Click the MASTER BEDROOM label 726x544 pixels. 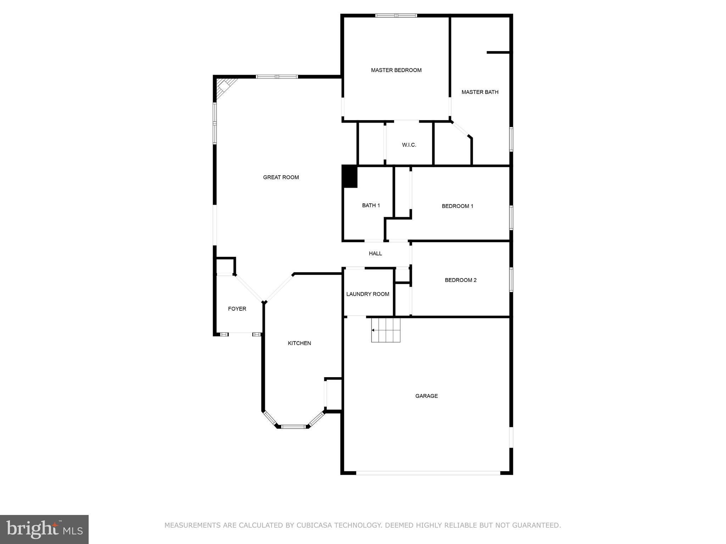point(396,70)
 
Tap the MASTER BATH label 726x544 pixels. point(480,92)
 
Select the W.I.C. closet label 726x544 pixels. point(409,145)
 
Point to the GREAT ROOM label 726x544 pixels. point(281,177)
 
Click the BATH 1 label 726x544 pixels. point(371,205)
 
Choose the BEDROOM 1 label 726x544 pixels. point(457,206)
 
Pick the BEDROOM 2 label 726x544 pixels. point(460,280)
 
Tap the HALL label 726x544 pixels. point(375,254)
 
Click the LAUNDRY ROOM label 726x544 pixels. point(368,294)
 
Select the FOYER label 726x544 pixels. point(237,309)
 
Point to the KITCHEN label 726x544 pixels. point(299,343)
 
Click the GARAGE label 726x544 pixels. point(426,396)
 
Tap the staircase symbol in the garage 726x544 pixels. point(386,330)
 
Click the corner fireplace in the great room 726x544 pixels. point(224,86)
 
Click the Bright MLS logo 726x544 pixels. point(44,529)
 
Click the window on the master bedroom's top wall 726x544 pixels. point(396,16)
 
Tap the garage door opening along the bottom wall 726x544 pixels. point(428,473)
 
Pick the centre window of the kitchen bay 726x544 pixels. point(293,427)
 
